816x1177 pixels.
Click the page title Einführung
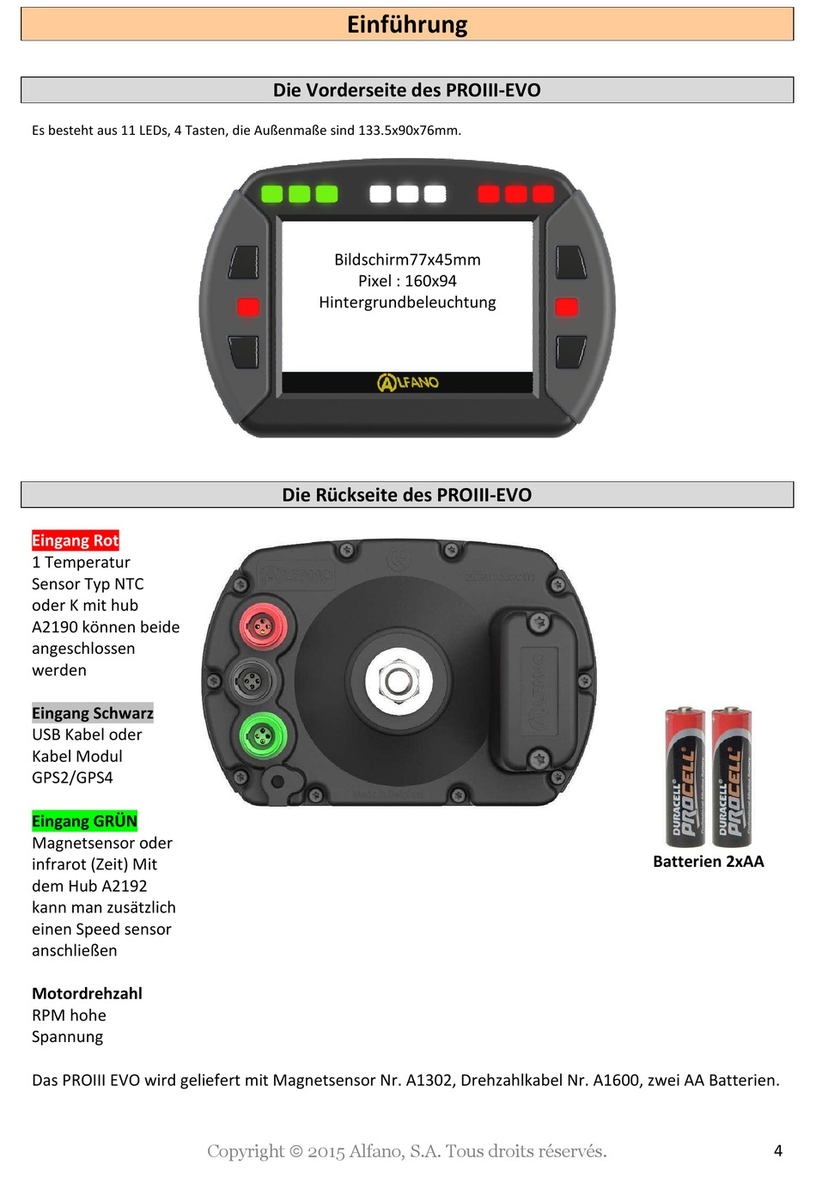click(x=407, y=24)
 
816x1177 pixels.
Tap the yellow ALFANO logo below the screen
click(x=408, y=382)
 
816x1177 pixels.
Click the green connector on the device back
click(x=261, y=735)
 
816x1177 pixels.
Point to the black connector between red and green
click(x=252, y=681)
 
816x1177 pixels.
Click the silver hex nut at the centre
click(x=397, y=681)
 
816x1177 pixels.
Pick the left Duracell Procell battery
click(x=685, y=777)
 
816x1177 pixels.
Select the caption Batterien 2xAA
click(x=708, y=862)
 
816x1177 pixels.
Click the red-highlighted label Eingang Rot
click(x=76, y=540)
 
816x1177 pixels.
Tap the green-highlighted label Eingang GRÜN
click(x=84, y=820)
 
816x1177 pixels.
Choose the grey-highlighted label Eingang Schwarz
click(x=93, y=713)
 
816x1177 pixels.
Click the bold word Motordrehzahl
click(x=87, y=993)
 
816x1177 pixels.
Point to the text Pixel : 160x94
click(x=407, y=281)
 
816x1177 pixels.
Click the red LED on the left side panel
click(x=248, y=307)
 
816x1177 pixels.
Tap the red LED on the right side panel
click(x=567, y=307)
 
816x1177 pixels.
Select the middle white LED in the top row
click(x=408, y=193)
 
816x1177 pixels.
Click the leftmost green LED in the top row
click(x=272, y=193)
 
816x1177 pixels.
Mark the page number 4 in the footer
click(x=778, y=1150)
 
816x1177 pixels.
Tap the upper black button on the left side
click(x=245, y=262)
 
